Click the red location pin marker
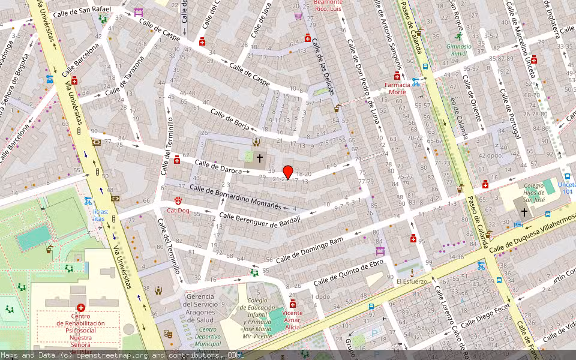click(x=288, y=172)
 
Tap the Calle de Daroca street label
click(x=218, y=167)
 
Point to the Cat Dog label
click(x=178, y=210)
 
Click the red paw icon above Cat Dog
click(x=178, y=200)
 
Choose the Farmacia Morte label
click(x=397, y=88)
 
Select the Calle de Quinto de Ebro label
click(x=348, y=272)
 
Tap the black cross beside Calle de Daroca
click(x=260, y=158)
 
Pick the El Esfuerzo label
click(x=412, y=281)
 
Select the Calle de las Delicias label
click(x=322, y=67)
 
